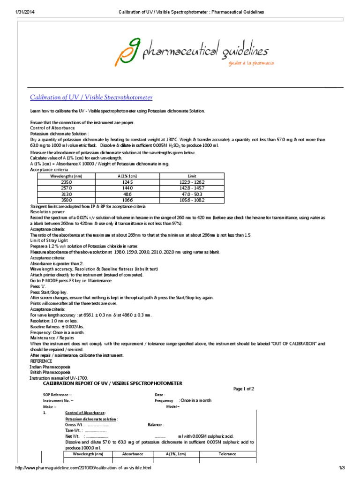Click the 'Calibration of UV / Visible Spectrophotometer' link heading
(x=91, y=97)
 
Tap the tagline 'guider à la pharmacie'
(x=251, y=63)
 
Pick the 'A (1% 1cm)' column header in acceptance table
(x=128, y=176)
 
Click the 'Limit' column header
(x=193, y=176)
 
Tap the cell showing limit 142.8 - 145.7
(x=193, y=187)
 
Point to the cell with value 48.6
(x=128, y=194)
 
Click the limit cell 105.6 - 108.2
(x=193, y=200)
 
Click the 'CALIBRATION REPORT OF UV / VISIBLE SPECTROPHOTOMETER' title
(x=113, y=383)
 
